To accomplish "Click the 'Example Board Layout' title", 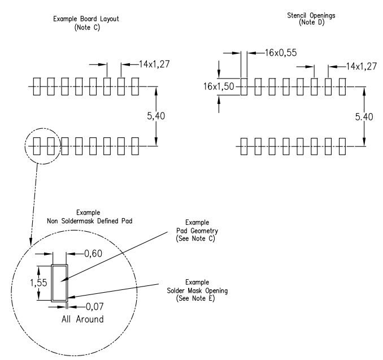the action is tap(86, 19).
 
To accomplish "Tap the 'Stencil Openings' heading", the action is tap(311, 15).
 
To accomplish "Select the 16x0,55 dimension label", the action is tap(281, 53).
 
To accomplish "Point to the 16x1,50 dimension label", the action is tap(219, 86).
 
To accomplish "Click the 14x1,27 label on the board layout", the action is tap(154, 64).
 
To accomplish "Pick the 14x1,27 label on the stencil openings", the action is tap(362, 66).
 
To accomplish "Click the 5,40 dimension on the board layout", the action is tap(156, 116).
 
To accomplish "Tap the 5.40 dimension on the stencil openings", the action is tap(364, 117).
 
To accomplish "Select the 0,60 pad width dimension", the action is tap(93, 253).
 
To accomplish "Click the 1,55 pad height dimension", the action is tap(38, 283).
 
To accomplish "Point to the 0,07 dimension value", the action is tap(95, 306).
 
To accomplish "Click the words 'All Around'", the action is tap(82, 319).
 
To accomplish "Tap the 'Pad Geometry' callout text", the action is tap(197, 231).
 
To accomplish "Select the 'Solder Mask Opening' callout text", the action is tap(197, 290).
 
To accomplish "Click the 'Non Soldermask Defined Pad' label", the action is tap(90, 221).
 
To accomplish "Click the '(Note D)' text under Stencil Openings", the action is tap(312, 23).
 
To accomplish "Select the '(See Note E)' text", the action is tap(195, 298).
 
